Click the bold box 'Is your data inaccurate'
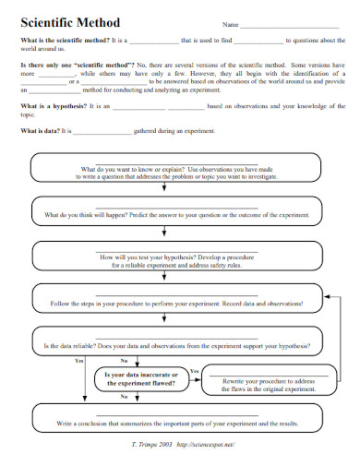141,378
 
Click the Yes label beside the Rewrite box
194,370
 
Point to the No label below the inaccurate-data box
125,397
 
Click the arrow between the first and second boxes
163,189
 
